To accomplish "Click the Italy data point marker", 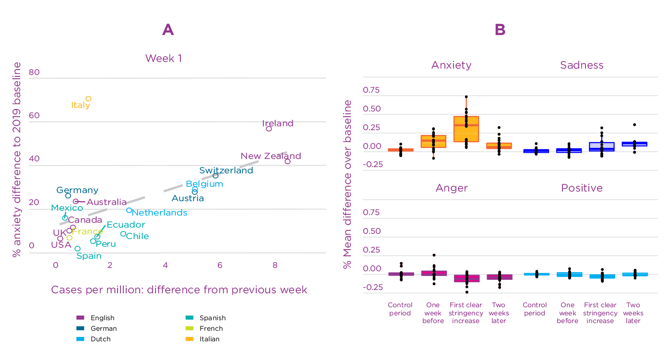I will click(88, 99).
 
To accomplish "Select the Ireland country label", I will click(277, 123).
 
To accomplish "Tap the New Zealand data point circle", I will click(287, 161).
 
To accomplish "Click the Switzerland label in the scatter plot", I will click(226, 170).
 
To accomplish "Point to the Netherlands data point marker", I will click(129, 210).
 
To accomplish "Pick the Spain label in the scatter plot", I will click(89, 256).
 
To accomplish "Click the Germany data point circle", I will click(68, 196).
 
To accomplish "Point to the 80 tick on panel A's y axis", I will click(34, 72).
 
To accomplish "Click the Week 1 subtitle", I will click(164, 59).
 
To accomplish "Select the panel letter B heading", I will click(500, 30).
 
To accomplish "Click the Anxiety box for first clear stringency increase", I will click(466, 129).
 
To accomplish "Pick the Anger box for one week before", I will click(434, 273).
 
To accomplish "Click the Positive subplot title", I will click(582, 188).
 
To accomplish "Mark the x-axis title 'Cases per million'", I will click(179, 290).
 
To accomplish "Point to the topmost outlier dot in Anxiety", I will click(466, 97).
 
